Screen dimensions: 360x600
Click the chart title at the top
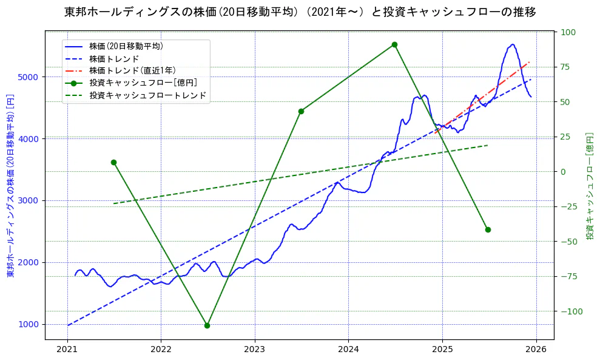point(300,12)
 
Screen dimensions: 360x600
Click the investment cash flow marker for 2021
point(113,162)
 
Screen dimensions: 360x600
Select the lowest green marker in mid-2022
point(207,325)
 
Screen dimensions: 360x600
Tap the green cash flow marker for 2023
point(301,111)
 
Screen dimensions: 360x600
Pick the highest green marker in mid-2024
point(394,44)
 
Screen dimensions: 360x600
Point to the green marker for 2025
point(488,229)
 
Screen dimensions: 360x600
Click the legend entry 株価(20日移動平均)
point(126,46)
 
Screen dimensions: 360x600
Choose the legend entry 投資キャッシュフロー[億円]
point(143,83)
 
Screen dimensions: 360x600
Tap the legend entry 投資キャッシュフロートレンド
point(148,95)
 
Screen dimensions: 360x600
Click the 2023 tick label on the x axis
point(254,351)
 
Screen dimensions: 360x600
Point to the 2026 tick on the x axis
point(536,351)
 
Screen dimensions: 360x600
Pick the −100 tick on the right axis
point(570,311)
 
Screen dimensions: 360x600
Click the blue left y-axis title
point(10,186)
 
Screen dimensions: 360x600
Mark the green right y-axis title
point(590,186)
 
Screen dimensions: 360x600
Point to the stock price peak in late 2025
point(513,44)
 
